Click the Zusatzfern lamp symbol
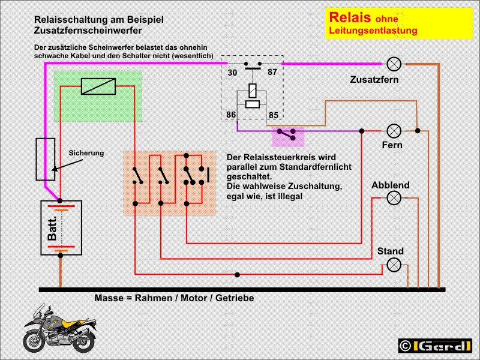(x=394, y=63)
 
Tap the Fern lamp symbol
(x=394, y=130)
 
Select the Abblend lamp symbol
(x=394, y=197)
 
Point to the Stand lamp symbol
(x=394, y=264)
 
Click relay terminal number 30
(x=232, y=73)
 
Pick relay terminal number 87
(x=272, y=73)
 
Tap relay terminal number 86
(x=232, y=114)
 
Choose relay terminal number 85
(x=273, y=114)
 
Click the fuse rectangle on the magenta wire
(x=46, y=159)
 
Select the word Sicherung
(x=86, y=153)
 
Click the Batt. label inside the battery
(x=52, y=227)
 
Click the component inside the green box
(x=97, y=86)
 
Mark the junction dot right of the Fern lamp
(x=418, y=130)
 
